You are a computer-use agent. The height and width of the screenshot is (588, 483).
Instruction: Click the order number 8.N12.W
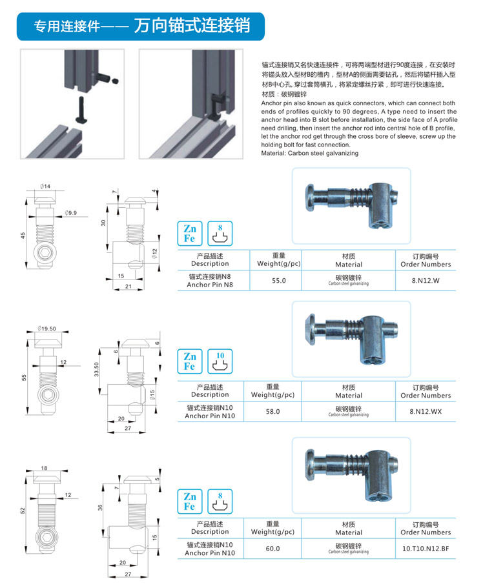tap(426, 281)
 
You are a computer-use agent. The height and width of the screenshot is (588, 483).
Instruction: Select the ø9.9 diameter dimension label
tap(70, 213)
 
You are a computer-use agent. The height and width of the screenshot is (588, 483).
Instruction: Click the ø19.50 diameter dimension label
tap(49, 328)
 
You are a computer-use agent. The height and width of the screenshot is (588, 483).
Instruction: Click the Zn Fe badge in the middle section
tap(190, 361)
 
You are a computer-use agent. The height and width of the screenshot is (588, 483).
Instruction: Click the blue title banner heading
tap(141, 26)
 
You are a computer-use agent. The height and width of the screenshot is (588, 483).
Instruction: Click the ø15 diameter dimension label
tap(152, 394)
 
